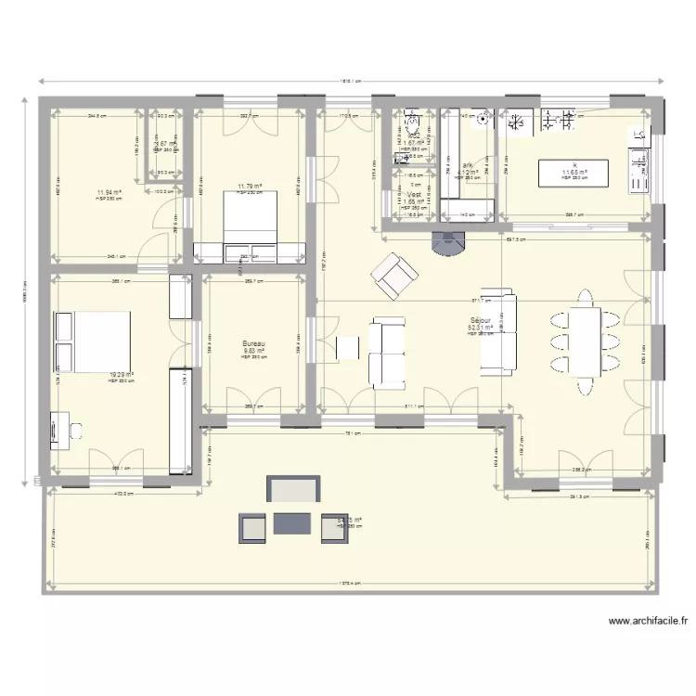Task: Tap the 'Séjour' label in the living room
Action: click(x=481, y=319)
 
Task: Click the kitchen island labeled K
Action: click(x=574, y=172)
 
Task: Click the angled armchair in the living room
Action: click(x=394, y=275)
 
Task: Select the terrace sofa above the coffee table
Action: click(x=293, y=491)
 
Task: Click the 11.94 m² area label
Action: click(x=109, y=194)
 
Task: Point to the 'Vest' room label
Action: click(x=414, y=195)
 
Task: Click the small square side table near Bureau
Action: click(x=347, y=347)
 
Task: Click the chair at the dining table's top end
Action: click(x=586, y=298)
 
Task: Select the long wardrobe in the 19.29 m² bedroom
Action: click(x=179, y=419)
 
